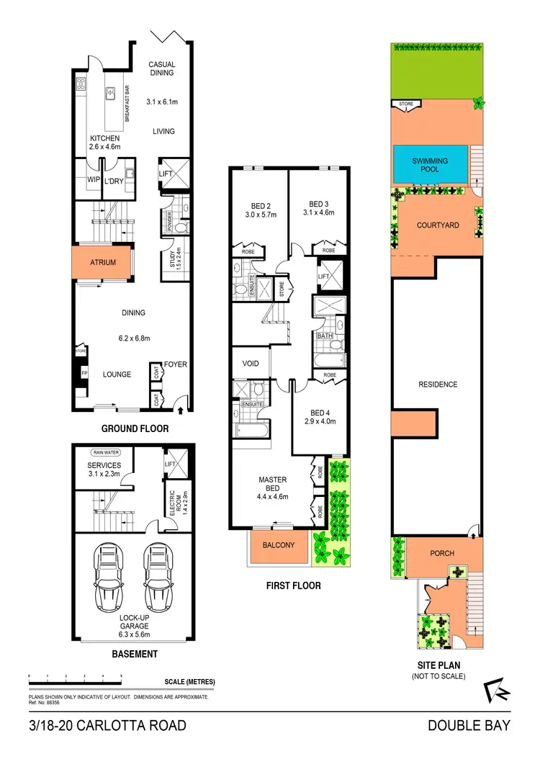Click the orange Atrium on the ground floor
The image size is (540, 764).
(x=103, y=263)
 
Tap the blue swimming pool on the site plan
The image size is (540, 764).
(x=430, y=165)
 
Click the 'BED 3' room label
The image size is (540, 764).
(x=318, y=204)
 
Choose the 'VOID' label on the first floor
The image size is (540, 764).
(x=250, y=364)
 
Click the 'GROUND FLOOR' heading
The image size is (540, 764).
(x=135, y=428)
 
